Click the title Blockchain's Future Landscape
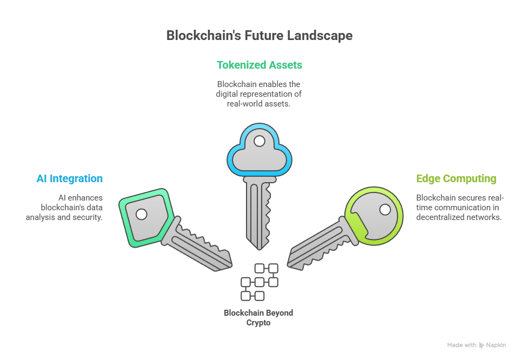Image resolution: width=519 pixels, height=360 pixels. (259, 36)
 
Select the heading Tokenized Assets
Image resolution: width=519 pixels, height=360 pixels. (259, 65)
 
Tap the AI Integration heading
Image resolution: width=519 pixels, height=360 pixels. (69, 178)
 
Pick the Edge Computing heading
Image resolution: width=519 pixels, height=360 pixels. (456, 178)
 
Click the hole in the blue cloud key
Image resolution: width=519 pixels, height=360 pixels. (259, 141)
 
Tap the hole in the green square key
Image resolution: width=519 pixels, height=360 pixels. (141, 215)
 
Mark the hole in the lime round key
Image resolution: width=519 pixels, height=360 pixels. (385, 209)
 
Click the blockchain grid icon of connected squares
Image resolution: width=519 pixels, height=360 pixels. (259, 282)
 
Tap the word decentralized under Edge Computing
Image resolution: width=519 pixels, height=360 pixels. (439, 217)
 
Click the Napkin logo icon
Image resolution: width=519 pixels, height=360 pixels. (481, 345)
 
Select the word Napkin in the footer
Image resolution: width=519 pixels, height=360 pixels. (496, 345)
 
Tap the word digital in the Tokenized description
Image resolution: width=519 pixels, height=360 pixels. (227, 94)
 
